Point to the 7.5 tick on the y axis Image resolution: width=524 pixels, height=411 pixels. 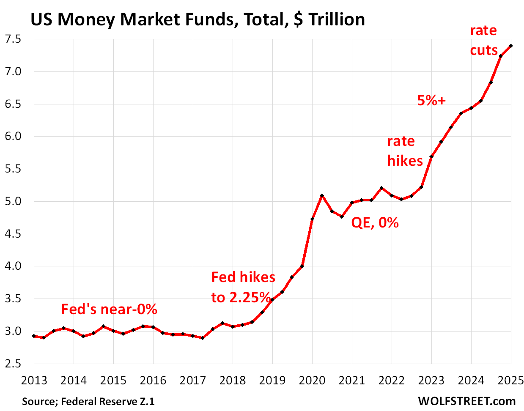tap(13, 39)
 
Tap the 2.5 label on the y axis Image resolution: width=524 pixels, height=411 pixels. tap(13, 364)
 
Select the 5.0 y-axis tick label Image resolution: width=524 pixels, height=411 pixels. tap(13, 201)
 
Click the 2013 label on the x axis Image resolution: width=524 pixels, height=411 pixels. tap(34, 381)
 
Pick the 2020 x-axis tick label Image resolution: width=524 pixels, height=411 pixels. tap(312, 381)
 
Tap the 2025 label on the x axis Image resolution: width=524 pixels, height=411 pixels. tap(510, 381)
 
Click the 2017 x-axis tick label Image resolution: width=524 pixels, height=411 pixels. tap(193, 381)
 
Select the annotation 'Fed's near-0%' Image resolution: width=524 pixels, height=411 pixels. tap(109, 310)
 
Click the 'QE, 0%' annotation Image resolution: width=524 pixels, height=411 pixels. tap(375, 222)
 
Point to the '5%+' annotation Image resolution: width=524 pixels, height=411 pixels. tap(431, 100)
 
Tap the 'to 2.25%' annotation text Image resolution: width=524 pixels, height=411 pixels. tap(241, 297)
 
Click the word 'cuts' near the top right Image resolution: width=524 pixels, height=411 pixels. tap(484, 50)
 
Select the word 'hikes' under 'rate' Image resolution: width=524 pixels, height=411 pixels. tap(405, 161)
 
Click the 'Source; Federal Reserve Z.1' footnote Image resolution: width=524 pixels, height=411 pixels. tap(88, 401)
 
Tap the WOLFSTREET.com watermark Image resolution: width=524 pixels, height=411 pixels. tap(467, 401)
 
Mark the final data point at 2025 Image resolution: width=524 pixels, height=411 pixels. tap(511, 46)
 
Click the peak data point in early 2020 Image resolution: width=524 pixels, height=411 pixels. tap(322, 196)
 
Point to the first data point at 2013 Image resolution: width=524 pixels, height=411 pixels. tap(34, 336)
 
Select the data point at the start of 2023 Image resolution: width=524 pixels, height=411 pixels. tap(431, 157)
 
